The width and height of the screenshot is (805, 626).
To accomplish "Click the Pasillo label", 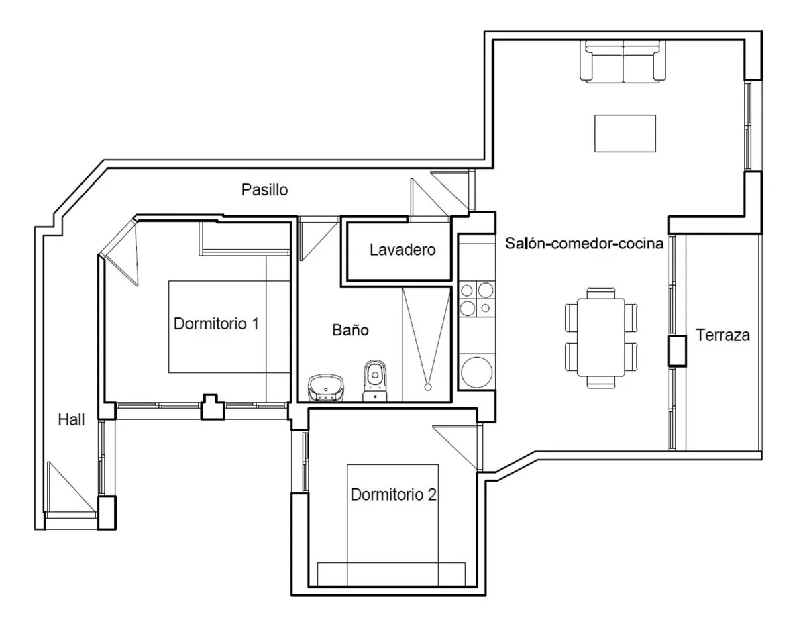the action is [x=264, y=190].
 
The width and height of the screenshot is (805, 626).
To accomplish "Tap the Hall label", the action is [x=71, y=419].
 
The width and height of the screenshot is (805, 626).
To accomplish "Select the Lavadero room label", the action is [x=402, y=250].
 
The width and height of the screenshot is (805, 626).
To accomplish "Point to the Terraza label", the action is [x=722, y=335].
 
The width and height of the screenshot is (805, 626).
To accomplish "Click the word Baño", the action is [x=350, y=329].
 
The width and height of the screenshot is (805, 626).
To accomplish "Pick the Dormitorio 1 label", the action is [x=216, y=323].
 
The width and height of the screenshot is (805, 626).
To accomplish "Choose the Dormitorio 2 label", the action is [x=393, y=494].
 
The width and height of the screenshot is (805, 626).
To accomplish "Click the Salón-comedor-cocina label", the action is [x=584, y=244].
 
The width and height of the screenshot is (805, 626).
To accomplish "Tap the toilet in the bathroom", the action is [x=375, y=381].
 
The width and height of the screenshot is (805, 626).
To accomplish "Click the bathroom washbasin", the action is [x=326, y=388].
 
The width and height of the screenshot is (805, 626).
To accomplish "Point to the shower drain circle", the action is [x=428, y=387].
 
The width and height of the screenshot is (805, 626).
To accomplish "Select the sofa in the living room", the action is [x=623, y=61].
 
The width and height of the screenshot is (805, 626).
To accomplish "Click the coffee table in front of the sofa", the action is [x=625, y=134].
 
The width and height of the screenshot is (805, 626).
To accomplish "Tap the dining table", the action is [x=601, y=337].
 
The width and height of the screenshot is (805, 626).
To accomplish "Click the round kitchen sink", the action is [x=477, y=372].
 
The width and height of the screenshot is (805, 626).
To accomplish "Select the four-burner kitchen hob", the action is [x=477, y=299].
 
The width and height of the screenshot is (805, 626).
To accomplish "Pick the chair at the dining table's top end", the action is [x=601, y=293].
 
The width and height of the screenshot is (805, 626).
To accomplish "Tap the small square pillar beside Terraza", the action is [x=678, y=351].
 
